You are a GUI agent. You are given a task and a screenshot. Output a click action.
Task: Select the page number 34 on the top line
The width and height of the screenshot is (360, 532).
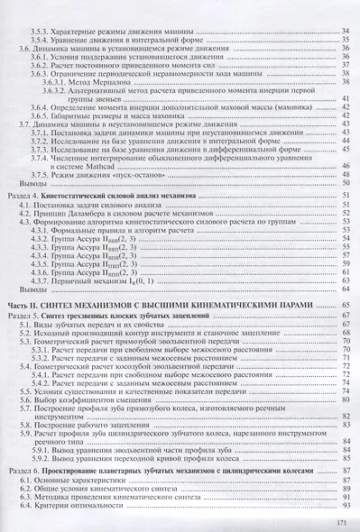(344, 7)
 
